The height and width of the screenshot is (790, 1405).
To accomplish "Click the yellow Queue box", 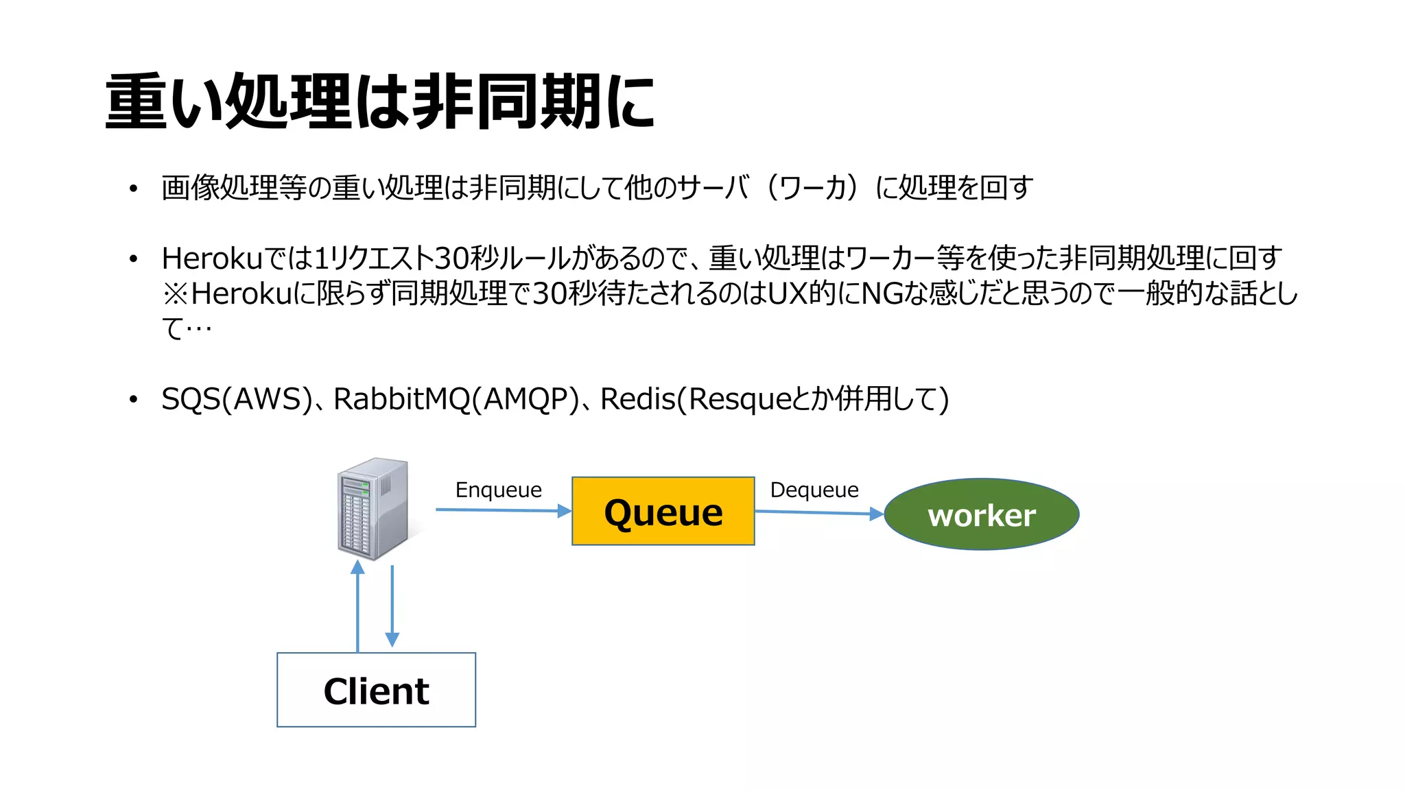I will (663, 512).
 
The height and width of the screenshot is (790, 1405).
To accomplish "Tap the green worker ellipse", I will (981, 514).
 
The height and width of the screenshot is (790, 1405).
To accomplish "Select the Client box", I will (376, 690).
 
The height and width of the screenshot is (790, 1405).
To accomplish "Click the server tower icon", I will (373, 508).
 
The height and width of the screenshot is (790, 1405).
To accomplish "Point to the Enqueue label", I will (498, 490).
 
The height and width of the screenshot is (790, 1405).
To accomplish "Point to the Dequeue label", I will (814, 490).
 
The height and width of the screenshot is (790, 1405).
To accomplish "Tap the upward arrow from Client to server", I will (357, 606).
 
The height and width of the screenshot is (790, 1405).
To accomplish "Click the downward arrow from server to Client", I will (392, 606).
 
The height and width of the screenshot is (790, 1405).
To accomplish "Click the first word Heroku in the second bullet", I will (212, 259).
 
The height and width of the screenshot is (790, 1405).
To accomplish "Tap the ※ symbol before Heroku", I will (175, 294).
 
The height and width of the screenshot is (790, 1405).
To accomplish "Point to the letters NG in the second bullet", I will (881, 294).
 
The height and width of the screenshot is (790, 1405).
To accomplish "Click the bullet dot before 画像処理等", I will (133, 189).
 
